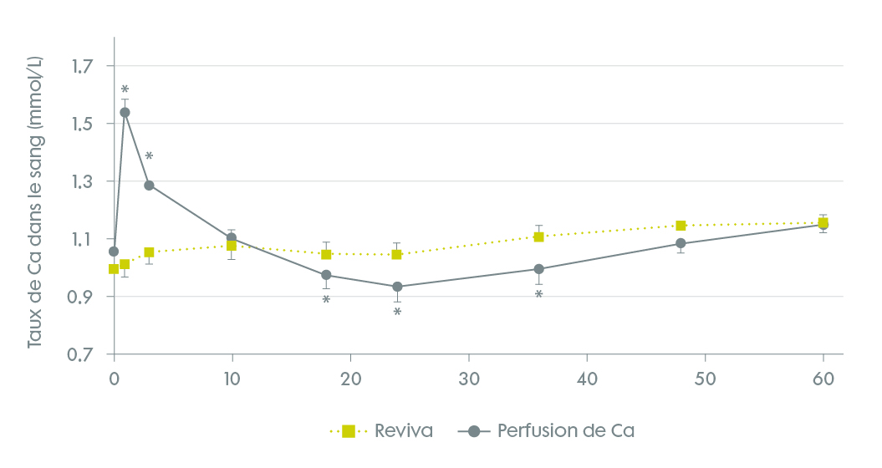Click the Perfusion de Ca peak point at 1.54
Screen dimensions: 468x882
coord(125,112)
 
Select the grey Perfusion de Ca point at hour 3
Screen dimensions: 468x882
coord(149,186)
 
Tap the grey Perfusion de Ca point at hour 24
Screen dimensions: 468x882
coord(397,287)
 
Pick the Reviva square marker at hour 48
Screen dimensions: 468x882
coord(681,226)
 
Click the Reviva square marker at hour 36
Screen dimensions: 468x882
coord(539,237)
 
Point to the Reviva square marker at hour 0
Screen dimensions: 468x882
coord(114,268)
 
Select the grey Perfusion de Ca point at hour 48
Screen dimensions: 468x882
coord(681,243)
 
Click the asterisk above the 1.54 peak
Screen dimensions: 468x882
coord(125,89)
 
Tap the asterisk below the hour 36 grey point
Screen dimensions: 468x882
coord(539,295)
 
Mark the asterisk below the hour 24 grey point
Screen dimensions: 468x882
coord(397,313)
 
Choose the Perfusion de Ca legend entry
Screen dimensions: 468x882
coord(552,431)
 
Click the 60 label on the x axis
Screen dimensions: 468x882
coord(823,378)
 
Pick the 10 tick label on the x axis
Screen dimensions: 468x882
coord(232,378)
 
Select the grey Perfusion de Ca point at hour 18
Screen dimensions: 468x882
coord(326,275)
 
